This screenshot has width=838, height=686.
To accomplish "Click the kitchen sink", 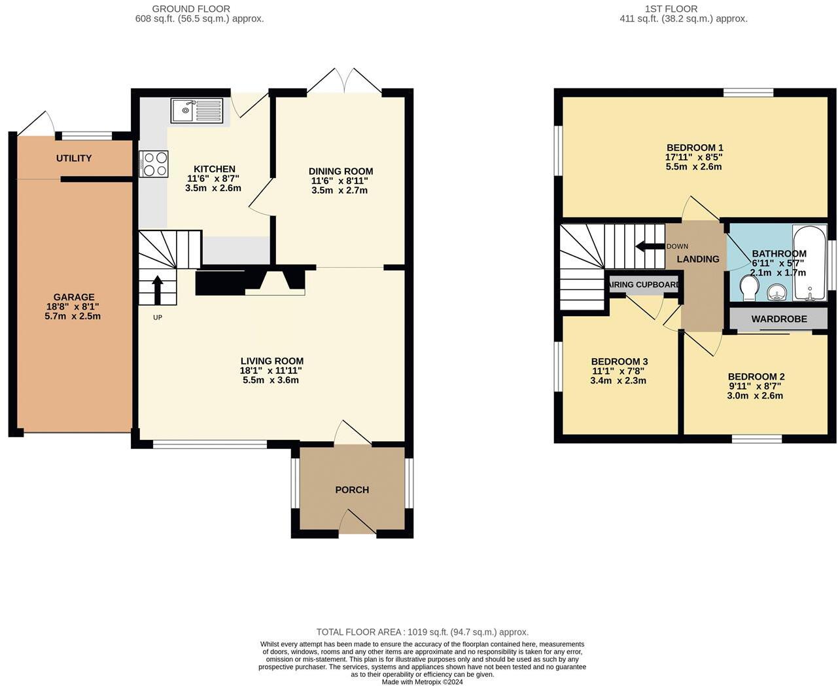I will point(197,111).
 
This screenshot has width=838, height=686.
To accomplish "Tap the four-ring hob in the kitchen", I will point(154,164).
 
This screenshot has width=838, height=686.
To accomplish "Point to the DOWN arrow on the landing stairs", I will point(650,247).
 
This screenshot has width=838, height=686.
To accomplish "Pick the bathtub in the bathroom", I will point(810,262).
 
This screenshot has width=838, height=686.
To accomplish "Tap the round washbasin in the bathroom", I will point(777,291).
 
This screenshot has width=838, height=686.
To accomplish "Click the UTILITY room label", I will point(74,158).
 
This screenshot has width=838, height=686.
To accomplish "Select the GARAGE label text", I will point(74,297).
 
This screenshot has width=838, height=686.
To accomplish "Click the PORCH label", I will point(352,490).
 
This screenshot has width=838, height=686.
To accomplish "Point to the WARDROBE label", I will point(779,319).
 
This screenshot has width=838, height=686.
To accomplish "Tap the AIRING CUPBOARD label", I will point(644,285).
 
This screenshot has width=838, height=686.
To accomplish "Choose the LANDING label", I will point(698,259).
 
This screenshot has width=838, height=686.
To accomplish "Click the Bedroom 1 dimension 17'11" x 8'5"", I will point(694,157).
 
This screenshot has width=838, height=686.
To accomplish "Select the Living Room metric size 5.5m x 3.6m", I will point(271,380).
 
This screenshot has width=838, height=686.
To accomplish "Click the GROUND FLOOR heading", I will point(191,9).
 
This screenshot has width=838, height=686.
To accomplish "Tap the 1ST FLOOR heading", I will point(671,9).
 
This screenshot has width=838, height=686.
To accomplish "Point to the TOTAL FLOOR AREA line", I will point(422,632).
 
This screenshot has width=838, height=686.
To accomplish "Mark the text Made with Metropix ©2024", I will point(422,681).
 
